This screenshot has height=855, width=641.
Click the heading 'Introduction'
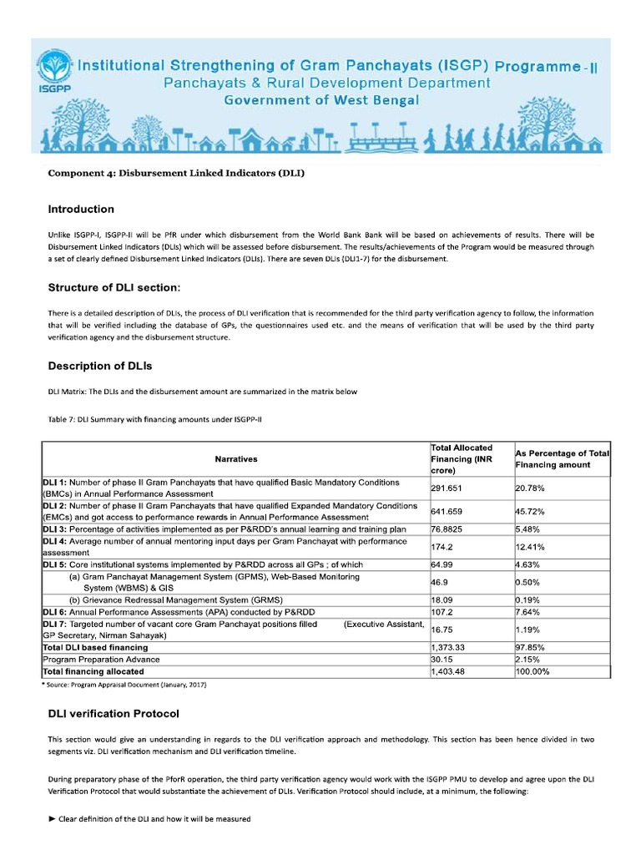[x=81, y=209]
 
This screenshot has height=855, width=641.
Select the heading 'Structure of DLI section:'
[x=114, y=287]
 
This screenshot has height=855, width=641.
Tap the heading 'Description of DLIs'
[x=100, y=366]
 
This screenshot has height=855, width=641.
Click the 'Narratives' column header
[x=236, y=459]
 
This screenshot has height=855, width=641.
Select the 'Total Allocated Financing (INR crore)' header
[x=462, y=458]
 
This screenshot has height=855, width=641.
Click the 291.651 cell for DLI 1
[x=448, y=488]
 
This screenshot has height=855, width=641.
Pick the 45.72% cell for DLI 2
[x=532, y=511]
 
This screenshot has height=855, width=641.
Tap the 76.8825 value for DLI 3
[x=450, y=529]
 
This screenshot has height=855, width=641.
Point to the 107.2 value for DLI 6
[x=442, y=612]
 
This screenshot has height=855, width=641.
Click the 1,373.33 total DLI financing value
[x=447, y=647]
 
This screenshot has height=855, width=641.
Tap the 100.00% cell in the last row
[x=534, y=670]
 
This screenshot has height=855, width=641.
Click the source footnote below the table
[x=124, y=685]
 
